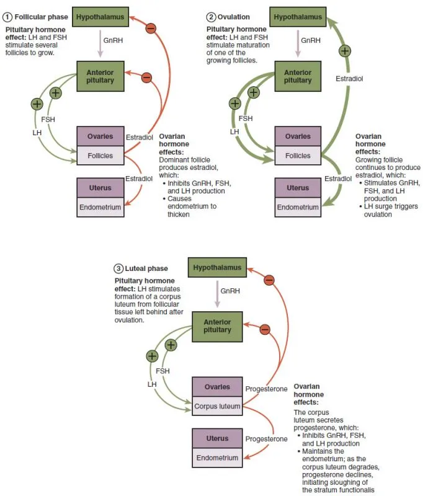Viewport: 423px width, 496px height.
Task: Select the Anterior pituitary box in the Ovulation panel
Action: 298,76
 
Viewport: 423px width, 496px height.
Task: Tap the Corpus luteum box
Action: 216,407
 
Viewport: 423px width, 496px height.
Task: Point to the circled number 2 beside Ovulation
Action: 212,17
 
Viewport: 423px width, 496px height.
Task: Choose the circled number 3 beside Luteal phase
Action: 118,268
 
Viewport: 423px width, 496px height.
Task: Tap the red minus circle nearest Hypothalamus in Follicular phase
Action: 151,29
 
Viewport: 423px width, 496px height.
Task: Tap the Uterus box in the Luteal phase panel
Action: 216,438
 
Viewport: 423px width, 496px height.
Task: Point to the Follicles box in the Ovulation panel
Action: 298,156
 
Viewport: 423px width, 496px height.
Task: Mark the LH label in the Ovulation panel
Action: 234,131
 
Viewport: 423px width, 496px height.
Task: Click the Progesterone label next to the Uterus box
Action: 266,438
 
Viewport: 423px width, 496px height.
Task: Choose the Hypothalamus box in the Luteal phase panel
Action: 216,268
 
